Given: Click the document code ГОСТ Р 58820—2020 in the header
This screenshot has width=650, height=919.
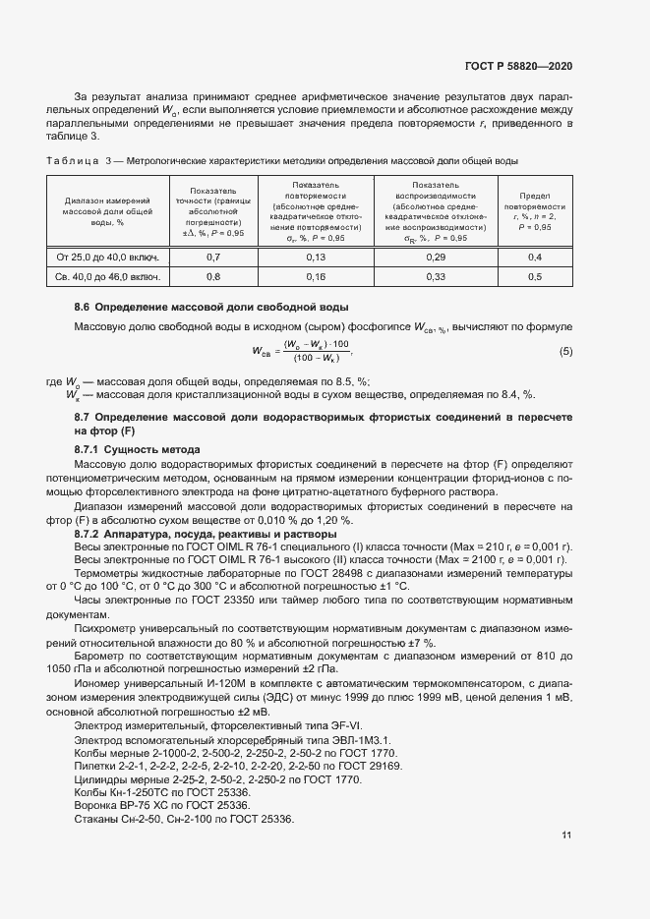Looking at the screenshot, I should tap(517, 66).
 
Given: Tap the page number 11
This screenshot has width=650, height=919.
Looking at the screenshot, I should tap(566, 835).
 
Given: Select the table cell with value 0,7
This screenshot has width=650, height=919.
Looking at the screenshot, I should tap(212, 257).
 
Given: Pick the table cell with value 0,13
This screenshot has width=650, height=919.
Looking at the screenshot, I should tap(316, 257).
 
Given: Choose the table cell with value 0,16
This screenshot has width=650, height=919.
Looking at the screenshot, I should tap(316, 277).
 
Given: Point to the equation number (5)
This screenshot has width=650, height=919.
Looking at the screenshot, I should tap(565, 352).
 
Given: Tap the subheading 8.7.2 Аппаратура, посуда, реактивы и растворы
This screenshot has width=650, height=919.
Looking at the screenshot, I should tap(205, 534).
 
